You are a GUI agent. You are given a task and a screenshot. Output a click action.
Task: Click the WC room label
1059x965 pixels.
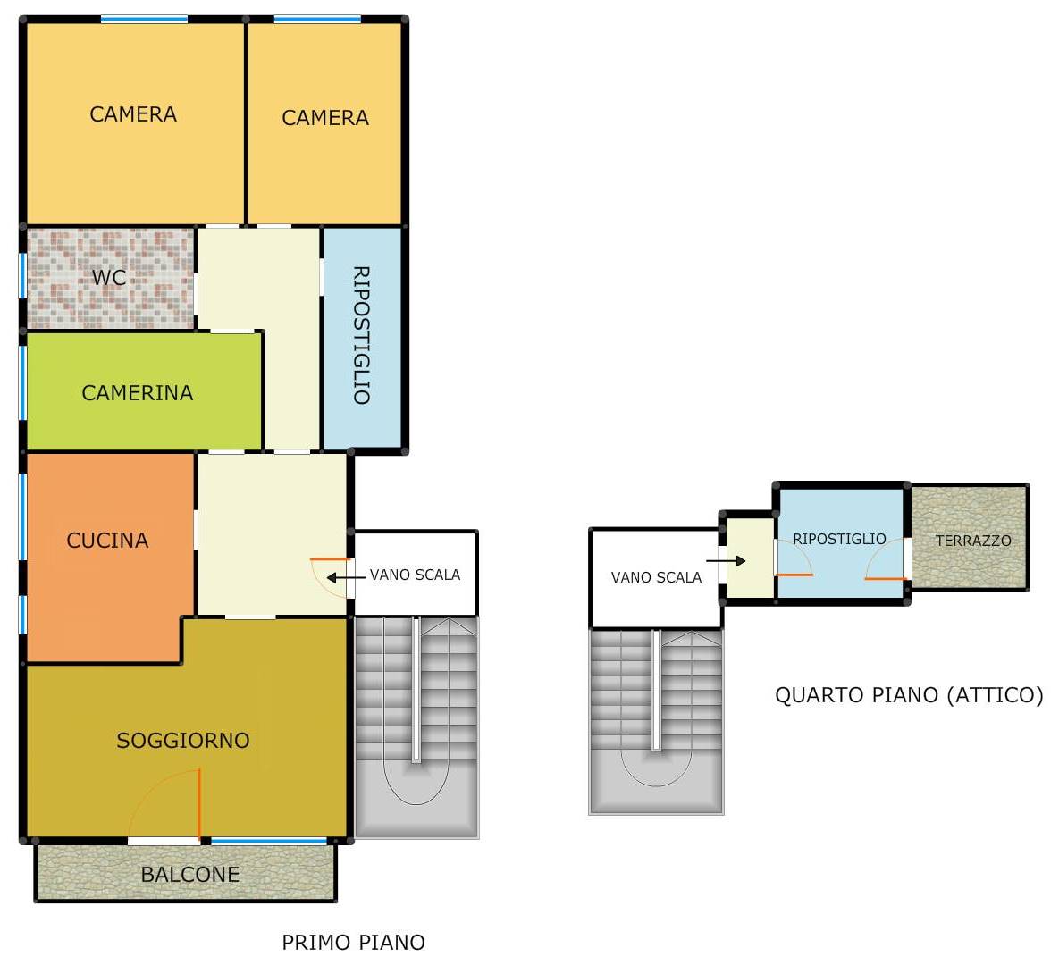(x=109, y=277)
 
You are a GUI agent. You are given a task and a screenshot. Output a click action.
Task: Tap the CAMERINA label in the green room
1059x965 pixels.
(x=137, y=392)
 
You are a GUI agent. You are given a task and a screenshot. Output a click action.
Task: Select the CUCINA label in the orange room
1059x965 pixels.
(x=107, y=541)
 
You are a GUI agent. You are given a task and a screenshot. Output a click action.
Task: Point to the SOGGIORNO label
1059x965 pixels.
(x=183, y=741)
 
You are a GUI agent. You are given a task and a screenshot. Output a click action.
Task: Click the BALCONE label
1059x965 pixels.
(x=189, y=875)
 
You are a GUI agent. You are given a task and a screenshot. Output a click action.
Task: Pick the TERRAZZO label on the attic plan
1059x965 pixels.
(x=973, y=541)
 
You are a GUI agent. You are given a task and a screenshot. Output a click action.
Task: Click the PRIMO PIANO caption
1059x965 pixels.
(x=353, y=942)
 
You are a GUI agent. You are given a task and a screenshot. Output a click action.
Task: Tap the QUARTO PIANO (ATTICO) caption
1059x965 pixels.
(x=909, y=695)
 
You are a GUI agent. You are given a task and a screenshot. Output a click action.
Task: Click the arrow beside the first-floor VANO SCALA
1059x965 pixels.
(x=347, y=577)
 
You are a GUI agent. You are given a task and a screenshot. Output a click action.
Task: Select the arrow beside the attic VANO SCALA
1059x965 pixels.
(x=726, y=560)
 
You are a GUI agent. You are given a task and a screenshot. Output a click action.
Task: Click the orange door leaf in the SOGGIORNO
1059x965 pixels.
(x=199, y=803)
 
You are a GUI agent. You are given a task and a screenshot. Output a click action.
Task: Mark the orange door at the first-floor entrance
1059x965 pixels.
(x=331, y=559)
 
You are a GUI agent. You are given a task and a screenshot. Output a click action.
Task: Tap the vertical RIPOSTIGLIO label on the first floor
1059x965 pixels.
(x=361, y=336)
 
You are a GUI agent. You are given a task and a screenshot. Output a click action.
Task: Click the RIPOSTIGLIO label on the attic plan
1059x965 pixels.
(x=839, y=539)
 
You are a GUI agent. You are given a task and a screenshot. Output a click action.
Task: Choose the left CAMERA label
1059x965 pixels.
(x=133, y=114)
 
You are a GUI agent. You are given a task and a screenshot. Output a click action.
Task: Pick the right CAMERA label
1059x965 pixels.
(x=325, y=118)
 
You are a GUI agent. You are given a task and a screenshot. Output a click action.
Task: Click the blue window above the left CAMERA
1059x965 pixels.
(x=145, y=20)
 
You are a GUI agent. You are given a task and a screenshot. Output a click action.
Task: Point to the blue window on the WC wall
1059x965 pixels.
(x=22, y=275)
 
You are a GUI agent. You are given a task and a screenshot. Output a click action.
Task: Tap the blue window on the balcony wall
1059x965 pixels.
(x=269, y=842)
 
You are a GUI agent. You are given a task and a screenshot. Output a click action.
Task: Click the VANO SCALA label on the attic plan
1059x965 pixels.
(x=656, y=577)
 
